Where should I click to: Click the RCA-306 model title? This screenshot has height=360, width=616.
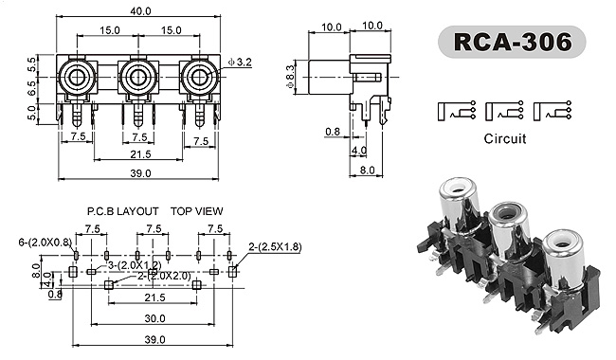coord(512,42)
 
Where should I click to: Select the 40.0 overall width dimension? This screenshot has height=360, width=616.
coord(140,11)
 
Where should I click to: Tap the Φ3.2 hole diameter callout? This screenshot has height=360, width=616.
coord(240,62)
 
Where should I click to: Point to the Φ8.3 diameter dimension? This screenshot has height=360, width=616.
coord(290,77)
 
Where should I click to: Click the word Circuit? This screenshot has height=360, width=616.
coord(505,138)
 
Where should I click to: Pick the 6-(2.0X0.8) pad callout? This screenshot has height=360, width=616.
coord(45,243)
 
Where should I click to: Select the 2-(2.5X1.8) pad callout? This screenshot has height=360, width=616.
coord(275,247)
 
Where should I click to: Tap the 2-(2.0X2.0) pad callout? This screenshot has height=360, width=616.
coord(164,276)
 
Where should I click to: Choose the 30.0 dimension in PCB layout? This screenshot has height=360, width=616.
coord(154,318)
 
